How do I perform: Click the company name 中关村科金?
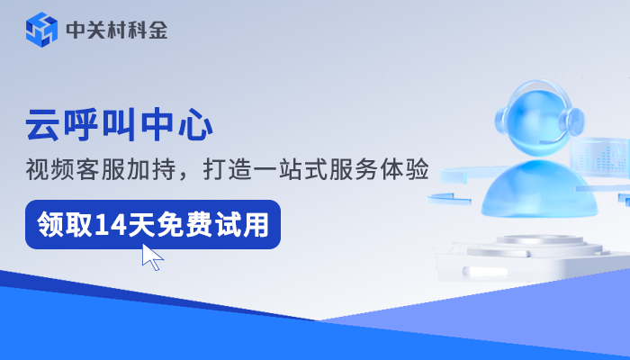point(116,30)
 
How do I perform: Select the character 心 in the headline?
point(196,124)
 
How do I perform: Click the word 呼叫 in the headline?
point(102,124)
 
